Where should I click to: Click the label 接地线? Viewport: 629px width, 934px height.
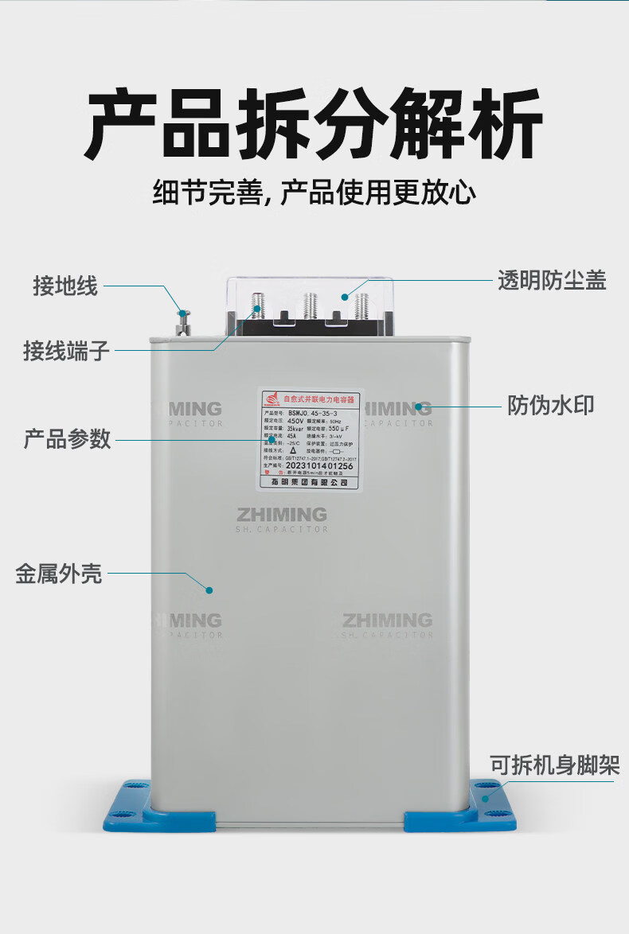coord(65,286)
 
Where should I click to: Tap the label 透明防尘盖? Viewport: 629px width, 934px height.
coord(552,281)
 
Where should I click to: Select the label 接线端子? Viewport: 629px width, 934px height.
coord(66,350)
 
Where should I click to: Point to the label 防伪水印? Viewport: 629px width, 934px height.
coord(551,405)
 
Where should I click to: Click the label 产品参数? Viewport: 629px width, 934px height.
coord(68,438)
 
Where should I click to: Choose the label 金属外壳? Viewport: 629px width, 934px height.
coord(59,573)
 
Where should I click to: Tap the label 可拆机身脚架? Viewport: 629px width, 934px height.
coord(554,765)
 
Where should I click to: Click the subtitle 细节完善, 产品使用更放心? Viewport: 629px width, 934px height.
coord(314,193)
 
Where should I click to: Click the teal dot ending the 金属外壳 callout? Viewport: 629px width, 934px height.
coord(209,590)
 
